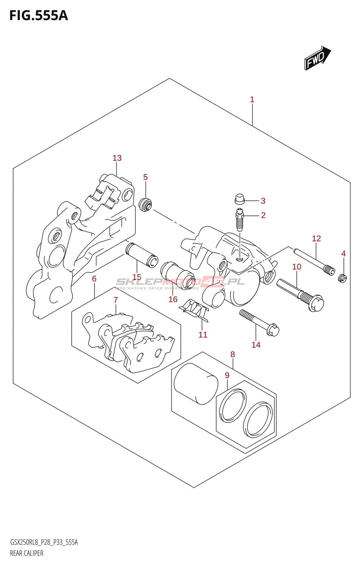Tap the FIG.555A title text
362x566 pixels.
tap(38, 16)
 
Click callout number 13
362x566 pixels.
tap(117, 158)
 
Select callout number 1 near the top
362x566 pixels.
tap(252, 99)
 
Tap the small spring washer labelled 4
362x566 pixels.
tap(342, 278)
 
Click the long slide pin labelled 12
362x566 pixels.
tap(314, 262)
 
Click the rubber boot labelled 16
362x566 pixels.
tap(177, 274)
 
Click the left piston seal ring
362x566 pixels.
tap(232, 406)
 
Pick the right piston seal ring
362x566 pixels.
tap(258, 419)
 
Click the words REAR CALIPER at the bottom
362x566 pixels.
tap(27, 553)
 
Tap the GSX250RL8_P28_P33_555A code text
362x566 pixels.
tap(44, 542)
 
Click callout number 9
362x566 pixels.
tap(227, 375)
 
